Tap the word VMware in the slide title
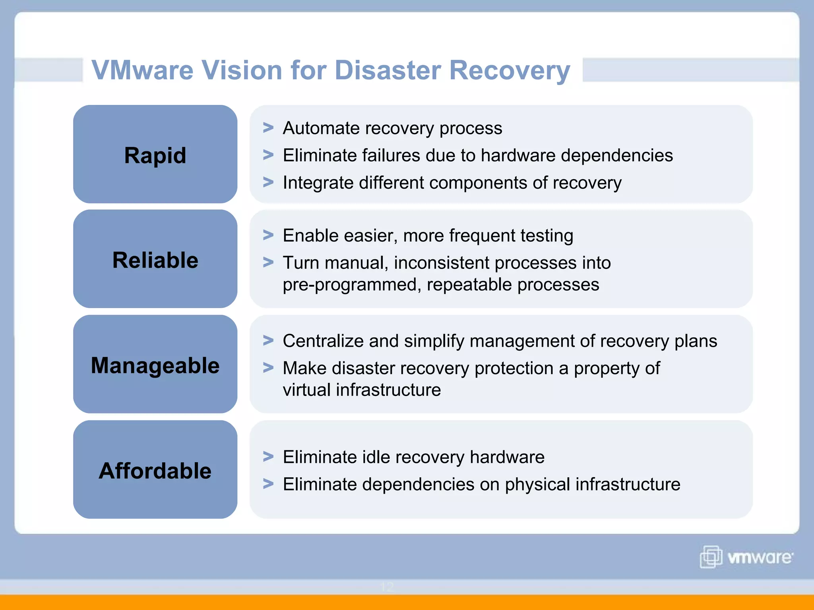[142, 70]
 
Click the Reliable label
[155, 260]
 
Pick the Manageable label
[155, 365]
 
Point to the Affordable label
[155, 471]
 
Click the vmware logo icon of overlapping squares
[711, 557]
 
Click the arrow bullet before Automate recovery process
[268, 128]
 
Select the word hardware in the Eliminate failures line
[518, 155]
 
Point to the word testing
[547, 236]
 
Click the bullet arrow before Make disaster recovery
[268, 368]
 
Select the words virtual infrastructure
[362, 390]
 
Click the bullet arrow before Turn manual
[268, 262]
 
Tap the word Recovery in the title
[510, 70]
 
